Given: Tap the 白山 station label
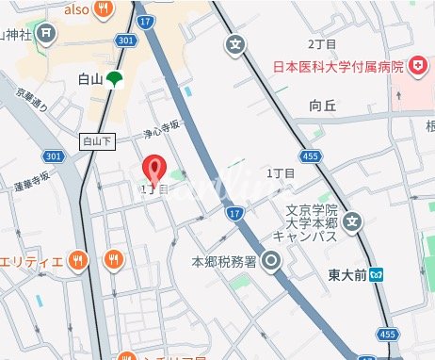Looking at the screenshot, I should (89, 81).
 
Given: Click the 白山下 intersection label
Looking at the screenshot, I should (97, 140).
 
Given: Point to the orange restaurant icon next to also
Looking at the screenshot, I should (108, 10).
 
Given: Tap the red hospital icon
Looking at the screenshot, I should (413, 66).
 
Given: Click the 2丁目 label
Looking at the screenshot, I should (322, 44).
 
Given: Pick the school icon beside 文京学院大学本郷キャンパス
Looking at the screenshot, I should (352, 222).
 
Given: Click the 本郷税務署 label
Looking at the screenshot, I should (223, 261).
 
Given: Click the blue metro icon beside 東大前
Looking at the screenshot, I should (377, 275).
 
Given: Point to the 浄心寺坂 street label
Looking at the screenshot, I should (159, 135).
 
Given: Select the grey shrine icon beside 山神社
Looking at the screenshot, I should (48, 35).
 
